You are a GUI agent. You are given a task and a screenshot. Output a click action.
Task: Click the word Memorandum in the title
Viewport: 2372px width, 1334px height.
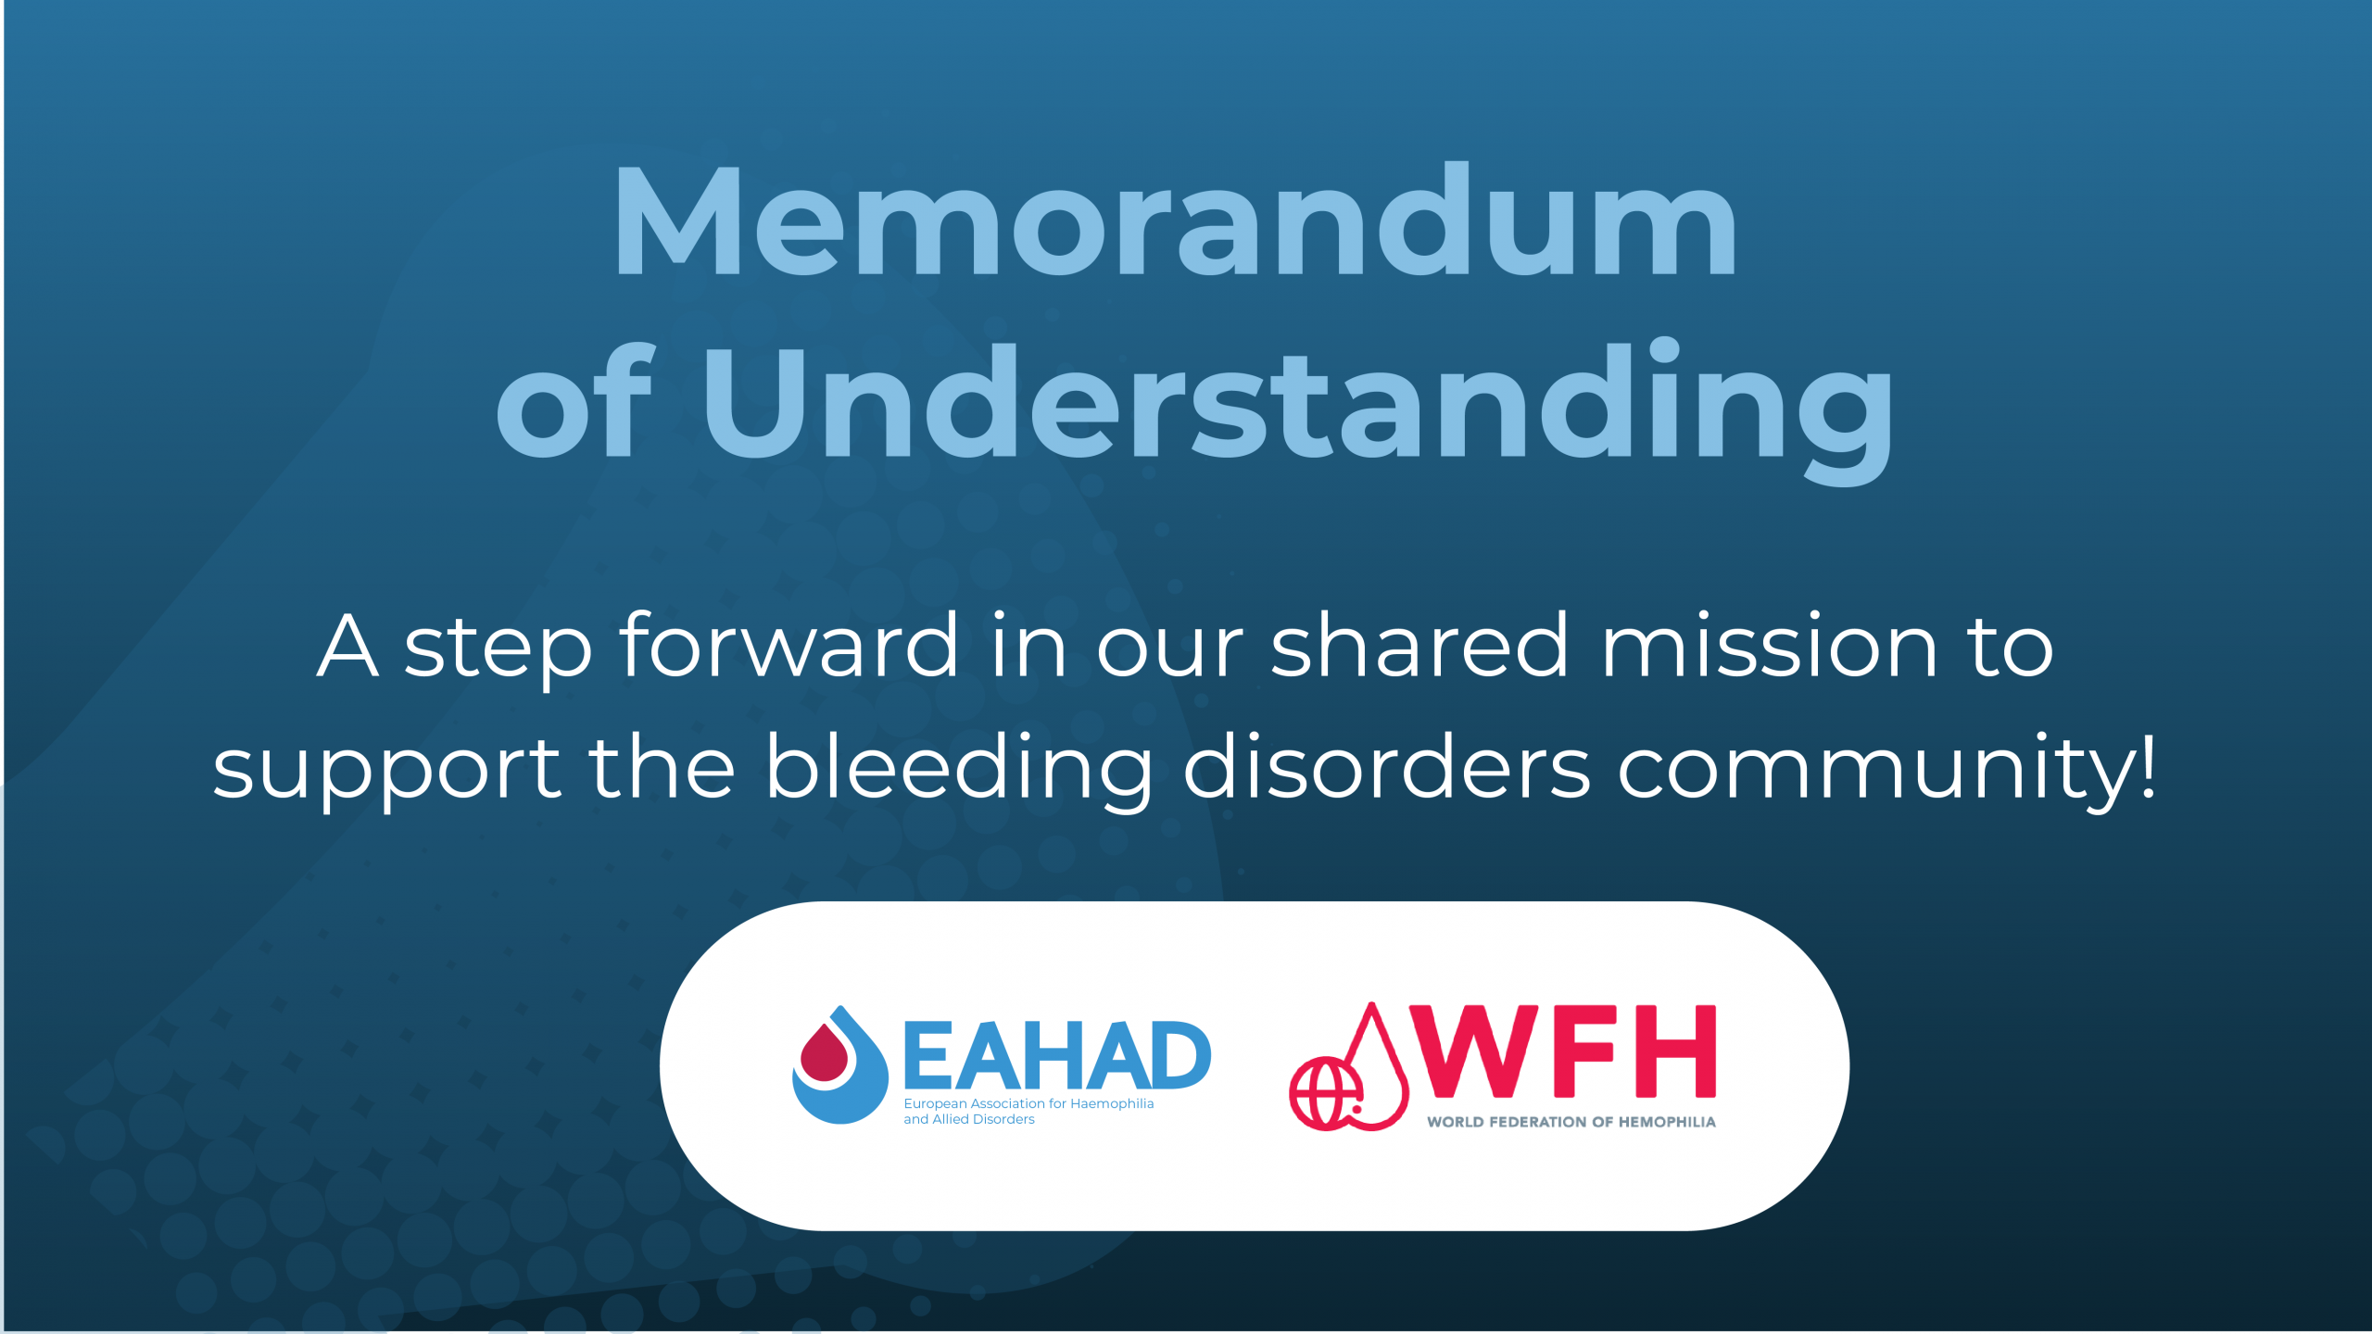(x=1175, y=220)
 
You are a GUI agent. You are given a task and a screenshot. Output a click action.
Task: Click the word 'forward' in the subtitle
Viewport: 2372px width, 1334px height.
(x=789, y=645)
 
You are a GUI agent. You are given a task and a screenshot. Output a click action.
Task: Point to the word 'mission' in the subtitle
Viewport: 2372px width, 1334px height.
(x=1769, y=645)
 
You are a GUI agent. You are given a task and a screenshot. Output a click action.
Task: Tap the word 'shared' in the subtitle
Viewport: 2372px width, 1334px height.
(x=1420, y=645)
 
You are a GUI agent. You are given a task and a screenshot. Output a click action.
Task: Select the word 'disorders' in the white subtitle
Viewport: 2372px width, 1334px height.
(x=1386, y=765)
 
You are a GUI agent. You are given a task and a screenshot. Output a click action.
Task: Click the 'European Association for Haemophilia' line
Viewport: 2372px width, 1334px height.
(x=1028, y=1103)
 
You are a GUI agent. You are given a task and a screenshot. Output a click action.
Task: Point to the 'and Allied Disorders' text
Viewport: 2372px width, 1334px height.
(x=969, y=1119)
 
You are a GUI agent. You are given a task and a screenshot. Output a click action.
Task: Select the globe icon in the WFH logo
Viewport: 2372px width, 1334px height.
(x=1325, y=1094)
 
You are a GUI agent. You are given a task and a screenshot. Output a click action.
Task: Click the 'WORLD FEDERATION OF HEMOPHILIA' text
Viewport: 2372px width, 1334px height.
(x=1571, y=1122)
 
